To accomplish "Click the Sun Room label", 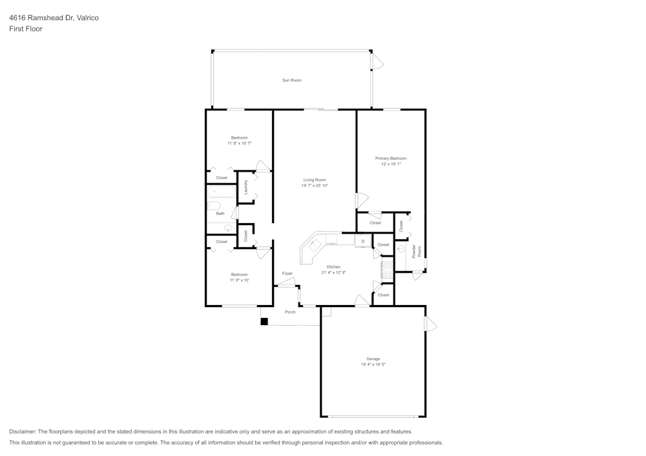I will click(291, 80).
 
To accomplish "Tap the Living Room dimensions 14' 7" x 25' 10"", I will click(315, 186).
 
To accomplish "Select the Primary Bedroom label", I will click(391, 158).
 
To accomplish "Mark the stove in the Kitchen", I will click(388, 270).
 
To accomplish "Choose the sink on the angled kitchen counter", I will click(315, 244).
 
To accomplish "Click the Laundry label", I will click(245, 187).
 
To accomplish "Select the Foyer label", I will click(287, 273).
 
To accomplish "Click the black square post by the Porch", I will click(264, 321).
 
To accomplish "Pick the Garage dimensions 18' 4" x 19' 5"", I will click(373, 364).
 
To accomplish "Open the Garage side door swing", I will click(430, 323).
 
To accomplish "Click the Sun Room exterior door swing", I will click(377, 62).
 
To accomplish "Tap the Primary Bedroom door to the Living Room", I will click(362, 201).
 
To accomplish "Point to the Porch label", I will click(290, 312).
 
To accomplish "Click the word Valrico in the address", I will click(87, 18).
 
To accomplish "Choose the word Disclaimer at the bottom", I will click(23, 431).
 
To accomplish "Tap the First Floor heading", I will click(26, 29).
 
